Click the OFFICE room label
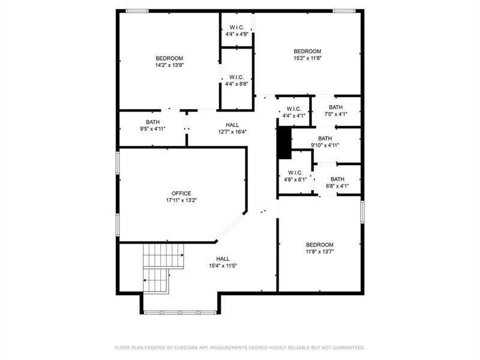(x=181, y=193)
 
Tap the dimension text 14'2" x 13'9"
(x=169, y=65)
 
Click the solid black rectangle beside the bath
(x=284, y=143)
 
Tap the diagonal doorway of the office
(x=230, y=227)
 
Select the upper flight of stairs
(x=163, y=256)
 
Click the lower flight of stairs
(x=156, y=281)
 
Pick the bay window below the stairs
(x=181, y=313)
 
